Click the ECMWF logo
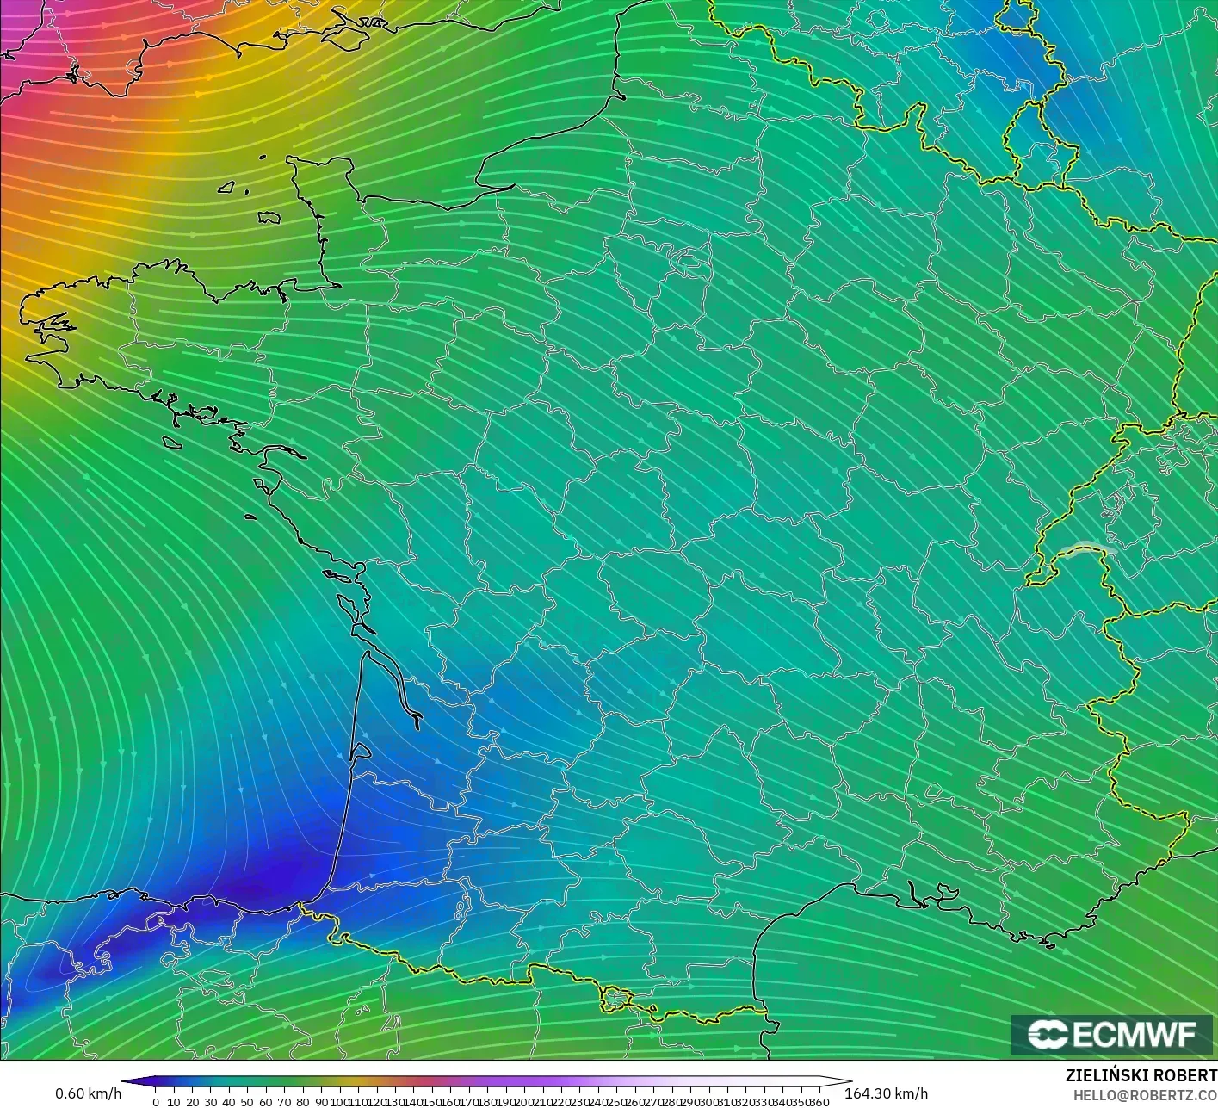(x=1111, y=1034)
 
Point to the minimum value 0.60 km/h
(x=88, y=1093)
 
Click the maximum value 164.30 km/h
(x=886, y=1093)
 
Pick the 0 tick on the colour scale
(x=155, y=1101)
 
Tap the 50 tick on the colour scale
(x=247, y=1101)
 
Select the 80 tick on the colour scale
(x=302, y=1101)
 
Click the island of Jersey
(x=269, y=218)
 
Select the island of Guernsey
(x=227, y=186)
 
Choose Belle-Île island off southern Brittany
(x=171, y=443)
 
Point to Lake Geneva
(x=1086, y=548)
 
